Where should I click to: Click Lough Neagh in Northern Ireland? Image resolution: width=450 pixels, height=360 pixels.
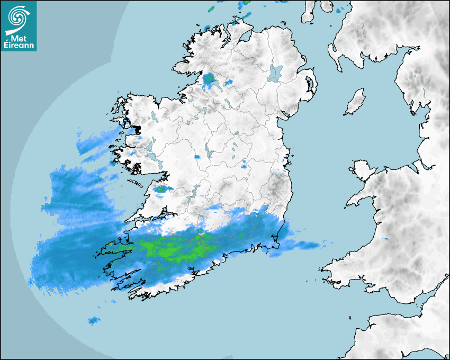tap(275, 73)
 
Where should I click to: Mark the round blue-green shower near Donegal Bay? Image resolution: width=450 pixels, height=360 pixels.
tap(210, 80)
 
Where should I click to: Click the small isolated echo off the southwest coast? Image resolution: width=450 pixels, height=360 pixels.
tap(94, 320)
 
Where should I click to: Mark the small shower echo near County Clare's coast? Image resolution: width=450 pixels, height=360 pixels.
tap(161, 188)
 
